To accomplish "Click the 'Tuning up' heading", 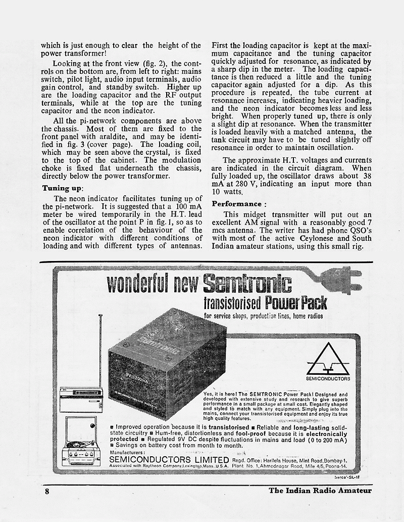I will click(x=62, y=188).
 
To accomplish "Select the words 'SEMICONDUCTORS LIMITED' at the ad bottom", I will click(x=169, y=459).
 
